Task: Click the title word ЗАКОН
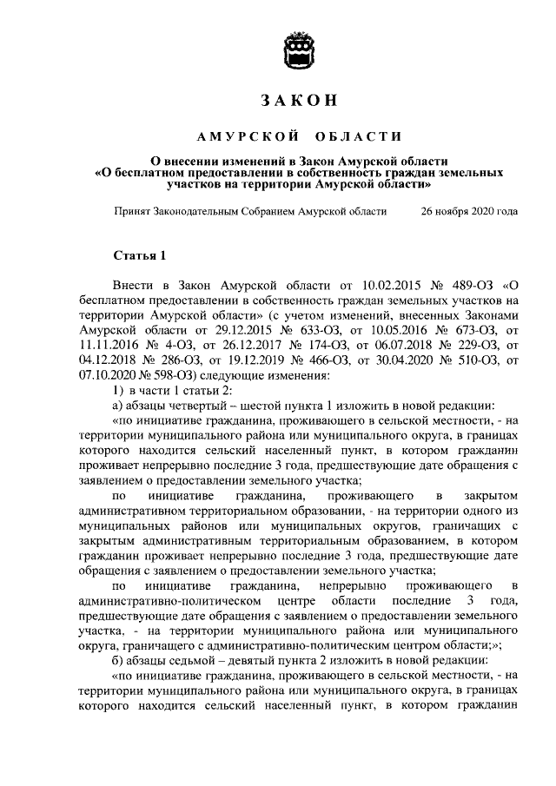tap(299, 101)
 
